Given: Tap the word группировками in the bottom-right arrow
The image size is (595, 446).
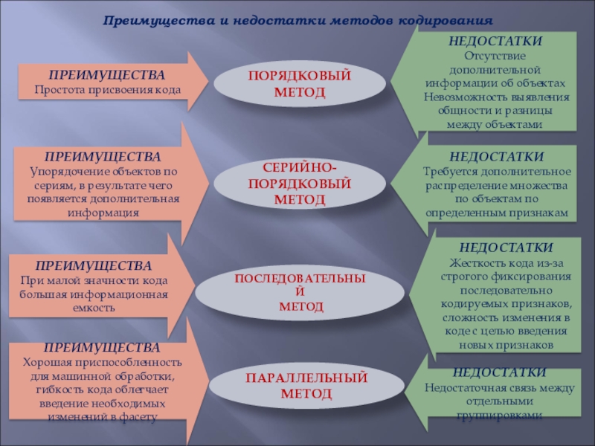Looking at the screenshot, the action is click(499, 416).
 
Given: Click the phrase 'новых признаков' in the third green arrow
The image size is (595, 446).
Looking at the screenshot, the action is click(506, 346).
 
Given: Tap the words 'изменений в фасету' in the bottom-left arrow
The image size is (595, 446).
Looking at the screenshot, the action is click(112, 417).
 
